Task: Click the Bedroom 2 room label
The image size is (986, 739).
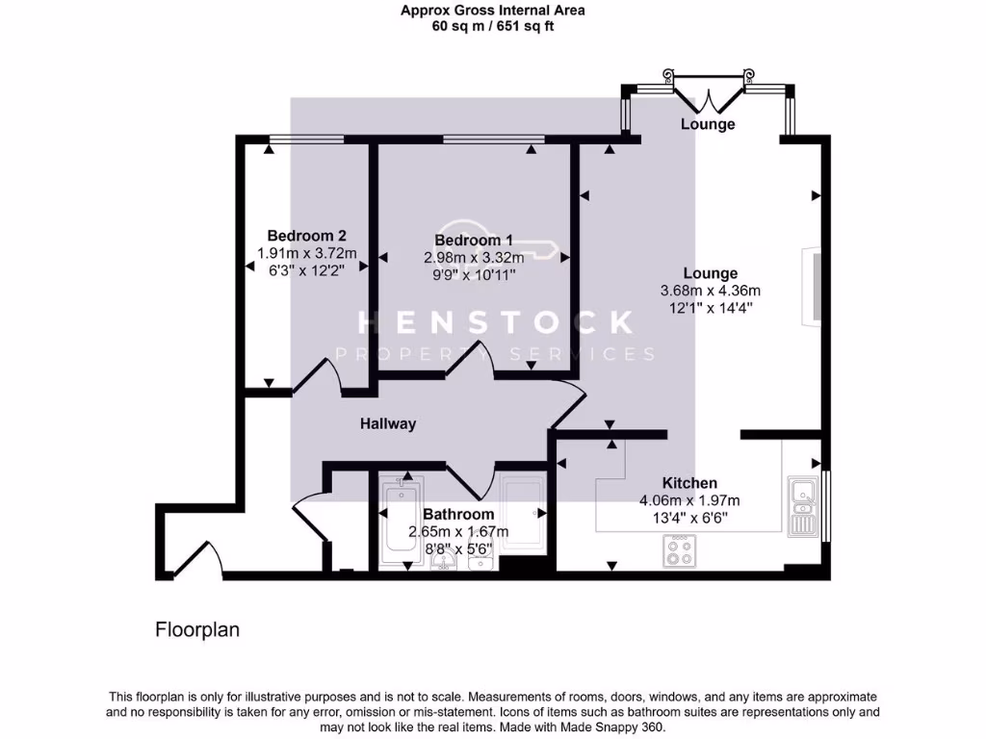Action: pyautogui.click(x=306, y=236)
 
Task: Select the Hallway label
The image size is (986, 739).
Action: pyautogui.click(x=388, y=423)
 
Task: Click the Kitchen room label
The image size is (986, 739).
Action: pyautogui.click(x=689, y=483)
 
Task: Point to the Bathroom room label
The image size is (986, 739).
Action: pyautogui.click(x=458, y=515)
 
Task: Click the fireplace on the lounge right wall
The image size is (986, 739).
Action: pyautogui.click(x=815, y=286)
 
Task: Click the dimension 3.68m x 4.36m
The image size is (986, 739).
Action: pyautogui.click(x=711, y=292)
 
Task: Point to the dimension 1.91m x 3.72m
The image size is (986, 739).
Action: pyautogui.click(x=306, y=253)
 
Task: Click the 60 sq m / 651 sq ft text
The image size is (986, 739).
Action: pyautogui.click(x=493, y=26)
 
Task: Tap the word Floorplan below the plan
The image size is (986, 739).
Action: pyautogui.click(x=197, y=630)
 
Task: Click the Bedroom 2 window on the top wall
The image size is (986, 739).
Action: pyautogui.click(x=305, y=140)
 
